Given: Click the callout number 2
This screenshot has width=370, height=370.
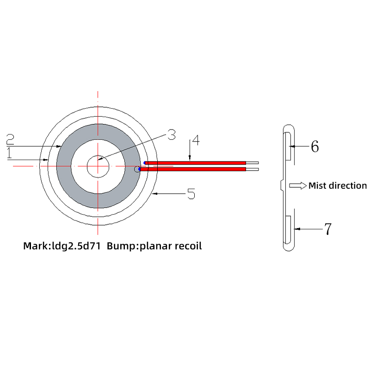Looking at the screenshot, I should tap(10, 138).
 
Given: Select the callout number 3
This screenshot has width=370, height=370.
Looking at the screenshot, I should tap(171, 135).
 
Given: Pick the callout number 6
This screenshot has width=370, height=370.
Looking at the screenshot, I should tap(314, 147).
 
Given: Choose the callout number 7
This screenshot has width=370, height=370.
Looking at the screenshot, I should tap(327, 229).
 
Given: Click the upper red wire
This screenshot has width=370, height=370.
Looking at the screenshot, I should tap(194, 163).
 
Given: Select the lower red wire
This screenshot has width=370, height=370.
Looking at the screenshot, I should tap(192, 169).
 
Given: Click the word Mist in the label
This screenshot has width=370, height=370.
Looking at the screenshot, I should tap(318, 185).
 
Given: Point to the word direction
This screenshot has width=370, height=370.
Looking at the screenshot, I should tap(348, 185).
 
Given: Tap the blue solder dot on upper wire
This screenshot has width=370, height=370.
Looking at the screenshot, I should tap(146, 163).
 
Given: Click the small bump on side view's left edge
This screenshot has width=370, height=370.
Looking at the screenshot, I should tap(282, 185).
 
